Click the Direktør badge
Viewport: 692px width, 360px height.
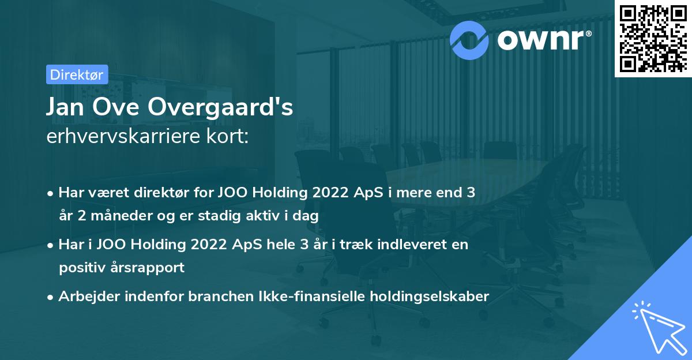click(x=76, y=74)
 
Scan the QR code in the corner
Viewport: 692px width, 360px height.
click(x=653, y=39)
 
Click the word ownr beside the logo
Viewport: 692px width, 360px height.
click(x=541, y=39)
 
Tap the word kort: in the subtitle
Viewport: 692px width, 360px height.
click(x=229, y=137)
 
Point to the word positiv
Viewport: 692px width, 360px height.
click(x=80, y=268)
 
